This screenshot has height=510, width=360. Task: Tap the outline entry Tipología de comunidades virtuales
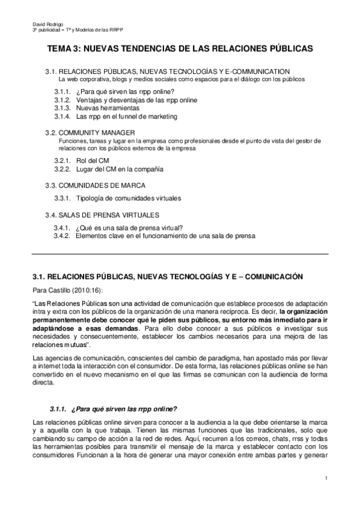pyautogui.click(x=128, y=198)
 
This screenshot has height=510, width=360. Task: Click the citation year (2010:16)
pyautogui.click(x=79, y=290)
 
